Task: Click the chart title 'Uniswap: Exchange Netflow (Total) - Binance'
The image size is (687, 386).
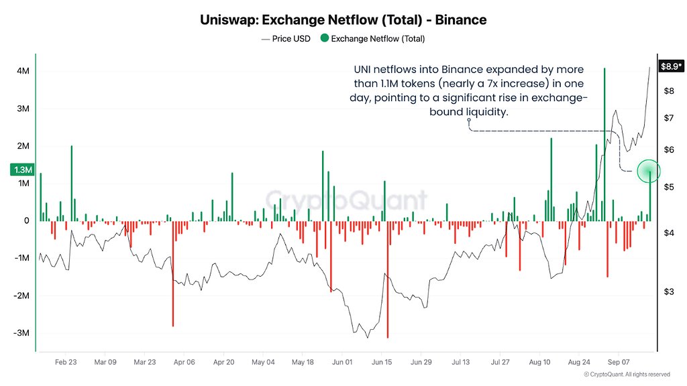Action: point(343,20)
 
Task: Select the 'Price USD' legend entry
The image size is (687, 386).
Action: point(286,38)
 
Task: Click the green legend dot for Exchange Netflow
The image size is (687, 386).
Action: point(325,38)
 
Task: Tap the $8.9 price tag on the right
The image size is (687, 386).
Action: point(671,66)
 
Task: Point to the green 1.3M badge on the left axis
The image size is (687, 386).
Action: point(22,170)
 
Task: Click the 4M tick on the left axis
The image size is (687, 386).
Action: point(23,71)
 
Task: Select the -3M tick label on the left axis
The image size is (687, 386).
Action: point(21,333)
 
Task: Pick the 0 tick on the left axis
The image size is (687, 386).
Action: point(27,220)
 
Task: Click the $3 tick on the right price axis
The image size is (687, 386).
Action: point(669,292)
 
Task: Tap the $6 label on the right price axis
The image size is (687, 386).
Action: point(669,149)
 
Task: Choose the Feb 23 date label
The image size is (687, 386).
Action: point(66,362)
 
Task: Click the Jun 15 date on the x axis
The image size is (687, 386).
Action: point(382,362)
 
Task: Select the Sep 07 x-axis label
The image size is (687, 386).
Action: point(618,362)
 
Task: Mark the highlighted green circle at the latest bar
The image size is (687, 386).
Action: point(649,171)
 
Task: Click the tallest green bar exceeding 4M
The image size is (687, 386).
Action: point(604,145)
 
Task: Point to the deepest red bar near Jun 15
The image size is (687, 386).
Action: point(388,279)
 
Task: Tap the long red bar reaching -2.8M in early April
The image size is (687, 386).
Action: point(173,274)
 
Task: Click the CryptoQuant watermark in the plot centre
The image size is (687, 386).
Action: point(346,200)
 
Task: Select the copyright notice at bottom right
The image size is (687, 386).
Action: point(627,375)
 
